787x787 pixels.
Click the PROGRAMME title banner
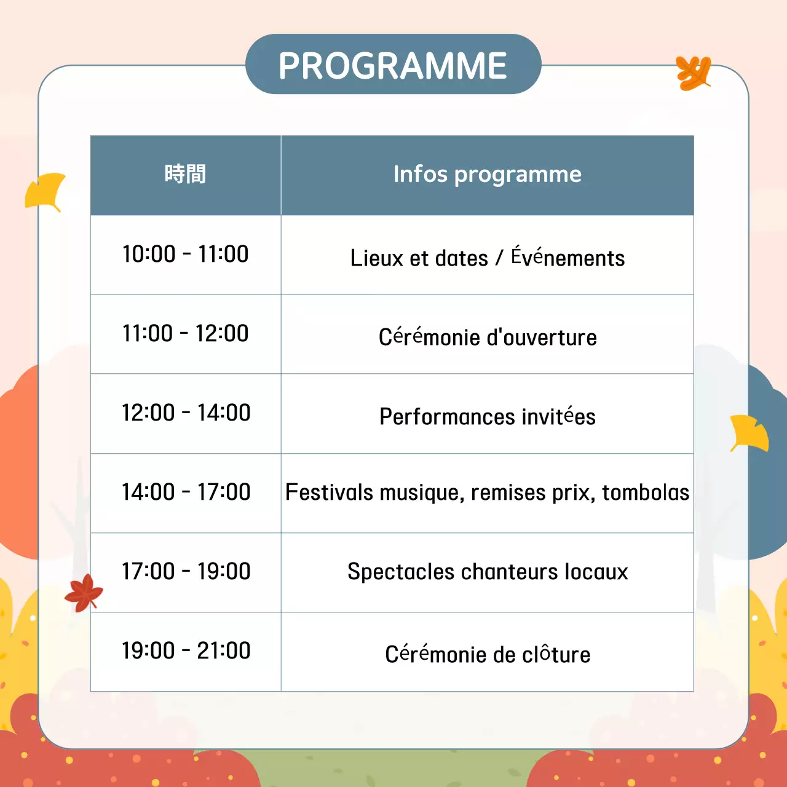coord(393,65)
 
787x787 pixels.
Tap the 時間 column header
coord(185,175)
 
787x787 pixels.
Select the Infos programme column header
coord(487,175)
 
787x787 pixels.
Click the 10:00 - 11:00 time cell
coord(185,254)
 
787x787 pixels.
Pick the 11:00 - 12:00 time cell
coord(185,333)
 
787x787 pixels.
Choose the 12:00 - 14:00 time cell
coord(185,413)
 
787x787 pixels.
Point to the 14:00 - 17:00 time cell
coord(185,492)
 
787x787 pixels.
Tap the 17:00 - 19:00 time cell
coord(185,571)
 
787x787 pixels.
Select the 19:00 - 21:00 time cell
coord(185,651)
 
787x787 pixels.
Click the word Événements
coord(568,258)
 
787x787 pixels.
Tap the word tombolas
coord(646,492)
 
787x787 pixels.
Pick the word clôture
coord(556,654)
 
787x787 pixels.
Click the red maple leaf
coord(84,593)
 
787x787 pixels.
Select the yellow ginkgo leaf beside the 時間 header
coord(46,191)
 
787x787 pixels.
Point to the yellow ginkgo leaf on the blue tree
coord(748,433)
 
